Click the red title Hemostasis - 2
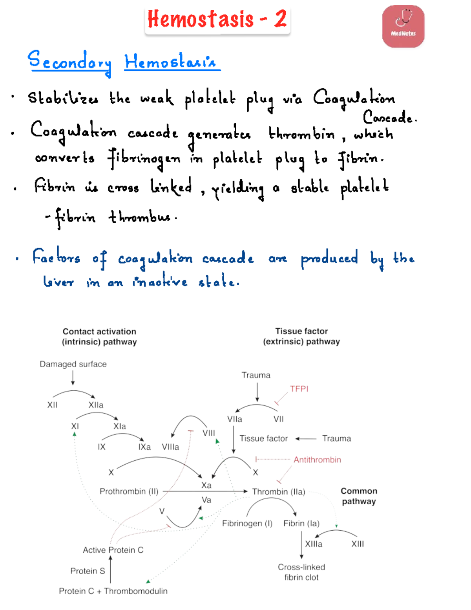click(217, 19)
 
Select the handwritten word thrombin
click(301, 133)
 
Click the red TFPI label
click(299, 389)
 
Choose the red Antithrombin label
click(317, 460)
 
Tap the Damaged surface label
click(73, 364)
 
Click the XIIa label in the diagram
click(96, 405)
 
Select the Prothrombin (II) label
click(129, 491)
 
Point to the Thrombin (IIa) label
click(279, 491)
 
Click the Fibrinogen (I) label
click(247, 523)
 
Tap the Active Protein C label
click(113, 550)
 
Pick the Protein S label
click(88, 571)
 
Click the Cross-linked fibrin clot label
click(301, 572)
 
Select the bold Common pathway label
click(359, 496)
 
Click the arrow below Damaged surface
click(73, 378)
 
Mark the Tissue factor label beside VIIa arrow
click(264, 438)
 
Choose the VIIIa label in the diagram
click(170, 447)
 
